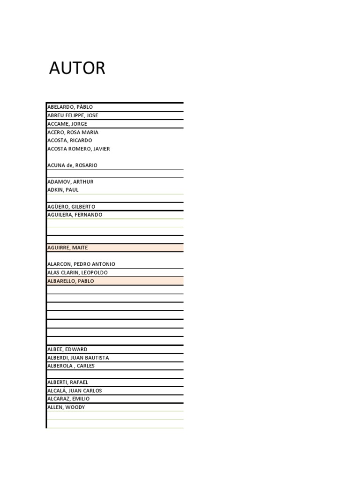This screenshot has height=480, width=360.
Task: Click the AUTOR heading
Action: point(77,68)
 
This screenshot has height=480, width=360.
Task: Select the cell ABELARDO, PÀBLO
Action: point(70,107)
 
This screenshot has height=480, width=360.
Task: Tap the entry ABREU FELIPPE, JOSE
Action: point(73,115)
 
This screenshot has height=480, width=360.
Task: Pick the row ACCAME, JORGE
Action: point(67,124)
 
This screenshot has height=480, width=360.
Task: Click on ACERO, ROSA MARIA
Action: point(73,132)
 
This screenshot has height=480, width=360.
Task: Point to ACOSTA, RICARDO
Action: point(70,140)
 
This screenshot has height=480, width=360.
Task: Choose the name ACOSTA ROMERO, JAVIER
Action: point(79,149)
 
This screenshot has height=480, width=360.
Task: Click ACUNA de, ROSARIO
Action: point(72,165)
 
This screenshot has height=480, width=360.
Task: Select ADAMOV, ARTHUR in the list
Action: point(70,181)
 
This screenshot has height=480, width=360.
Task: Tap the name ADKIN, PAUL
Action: point(63,190)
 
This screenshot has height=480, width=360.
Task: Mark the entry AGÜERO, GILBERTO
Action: point(71,207)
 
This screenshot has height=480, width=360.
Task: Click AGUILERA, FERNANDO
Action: point(75,215)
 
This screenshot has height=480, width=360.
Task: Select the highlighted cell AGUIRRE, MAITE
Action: point(67,247)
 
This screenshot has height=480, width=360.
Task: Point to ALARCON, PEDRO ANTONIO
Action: point(81,264)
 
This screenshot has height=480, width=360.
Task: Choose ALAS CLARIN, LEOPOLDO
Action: point(77,272)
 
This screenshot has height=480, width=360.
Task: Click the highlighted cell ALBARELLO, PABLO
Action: point(70,281)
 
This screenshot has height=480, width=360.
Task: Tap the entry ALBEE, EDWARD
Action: point(67,349)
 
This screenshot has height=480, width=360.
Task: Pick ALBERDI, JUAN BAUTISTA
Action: point(78,358)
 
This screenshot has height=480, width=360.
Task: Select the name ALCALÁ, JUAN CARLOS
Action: point(75,390)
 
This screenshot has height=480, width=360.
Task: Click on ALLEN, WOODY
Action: point(66,407)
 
